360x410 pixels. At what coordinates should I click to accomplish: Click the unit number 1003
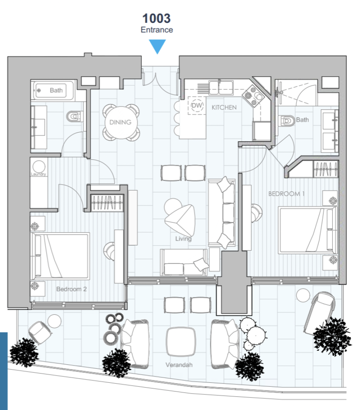click(156, 18)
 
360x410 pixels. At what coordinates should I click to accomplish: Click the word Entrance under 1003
click(157, 30)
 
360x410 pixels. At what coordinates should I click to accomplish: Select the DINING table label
click(120, 122)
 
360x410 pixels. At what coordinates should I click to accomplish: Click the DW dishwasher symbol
click(197, 105)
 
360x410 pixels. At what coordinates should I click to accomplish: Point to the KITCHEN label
click(224, 107)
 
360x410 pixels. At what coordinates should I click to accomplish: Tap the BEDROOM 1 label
click(286, 194)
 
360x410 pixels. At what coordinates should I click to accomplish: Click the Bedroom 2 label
click(71, 289)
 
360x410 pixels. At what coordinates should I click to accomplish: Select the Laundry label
click(38, 174)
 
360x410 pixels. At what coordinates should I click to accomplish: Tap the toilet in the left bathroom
click(74, 117)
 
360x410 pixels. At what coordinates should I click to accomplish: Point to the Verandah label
click(179, 365)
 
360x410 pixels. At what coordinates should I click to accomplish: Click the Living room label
click(183, 239)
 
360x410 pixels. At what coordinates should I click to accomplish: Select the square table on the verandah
click(181, 342)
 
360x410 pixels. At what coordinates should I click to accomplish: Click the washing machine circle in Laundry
click(39, 167)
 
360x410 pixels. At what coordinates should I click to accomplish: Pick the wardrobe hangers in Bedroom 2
click(107, 202)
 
